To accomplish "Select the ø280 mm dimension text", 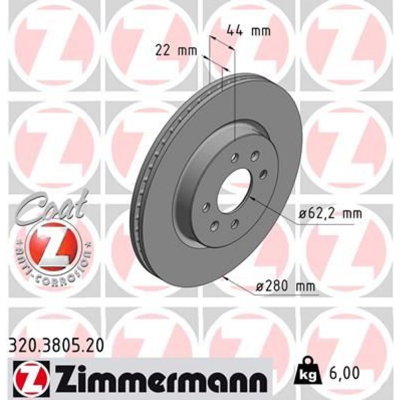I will [285, 286].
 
